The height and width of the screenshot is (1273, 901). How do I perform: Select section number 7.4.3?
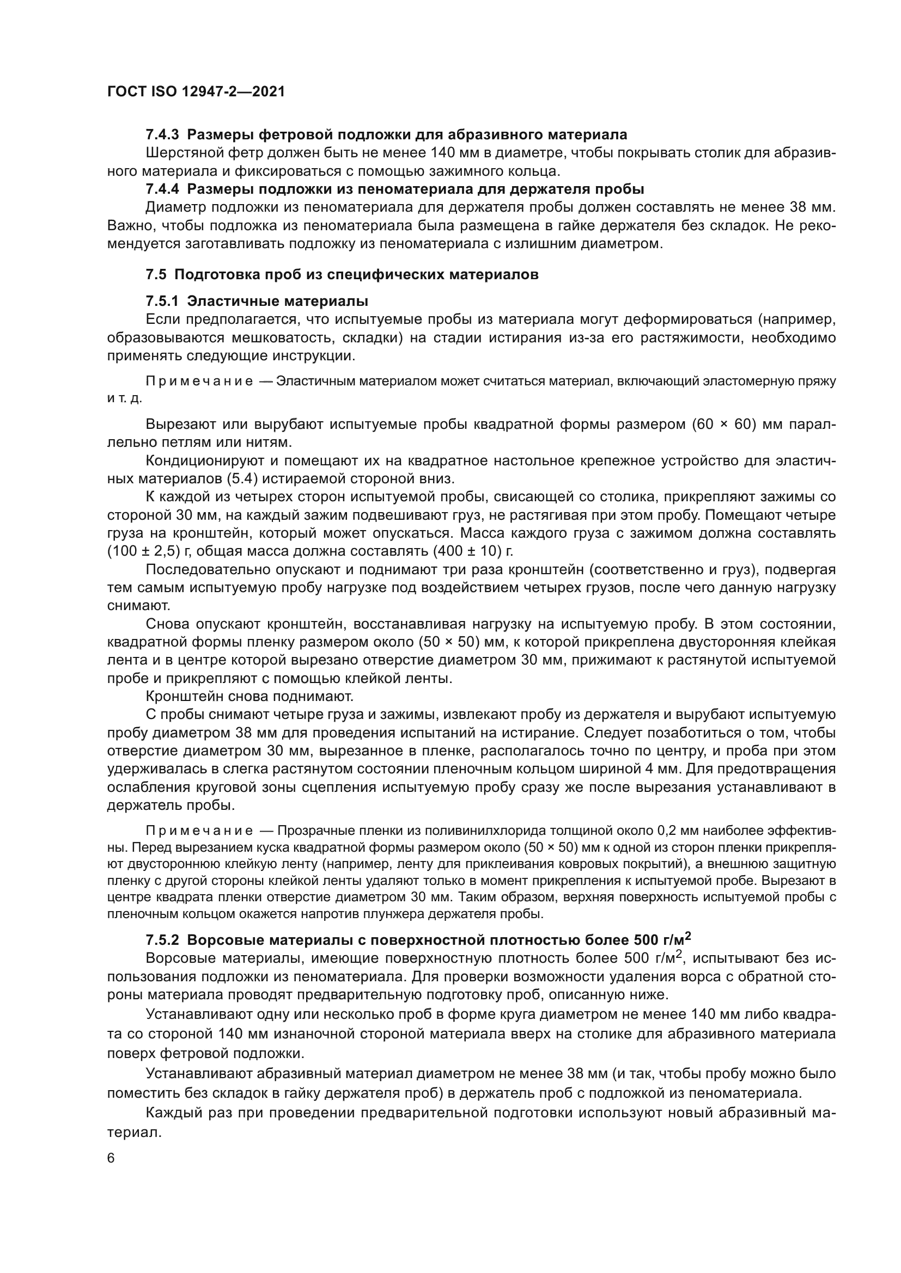[x=162, y=135]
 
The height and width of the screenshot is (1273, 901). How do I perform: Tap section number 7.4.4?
[x=162, y=189]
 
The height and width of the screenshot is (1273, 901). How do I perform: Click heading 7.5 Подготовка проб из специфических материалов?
[x=342, y=274]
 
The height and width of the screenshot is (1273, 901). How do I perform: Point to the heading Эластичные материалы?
[x=277, y=302]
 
